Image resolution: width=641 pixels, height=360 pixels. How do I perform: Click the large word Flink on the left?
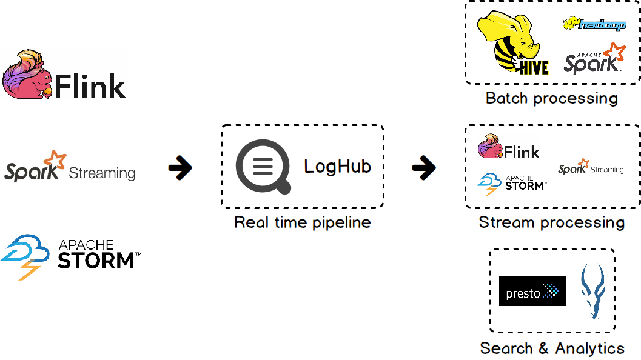pyautogui.click(x=90, y=87)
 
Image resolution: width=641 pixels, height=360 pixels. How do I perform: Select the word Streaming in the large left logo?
pyautogui.click(x=102, y=173)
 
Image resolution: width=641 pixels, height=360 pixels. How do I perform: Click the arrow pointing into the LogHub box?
pyautogui.click(x=180, y=168)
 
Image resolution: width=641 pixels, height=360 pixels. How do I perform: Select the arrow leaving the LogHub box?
pyautogui.click(x=424, y=168)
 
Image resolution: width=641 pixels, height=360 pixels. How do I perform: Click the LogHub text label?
pyautogui.click(x=337, y=166)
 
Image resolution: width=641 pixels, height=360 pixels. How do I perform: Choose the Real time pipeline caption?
pyautogui.click(x=302, y=222)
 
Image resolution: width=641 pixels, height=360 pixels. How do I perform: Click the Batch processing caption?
pyautogui.click(x=551, y=98)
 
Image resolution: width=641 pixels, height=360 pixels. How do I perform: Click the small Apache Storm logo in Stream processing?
pyautogui.click(x=511, y=182)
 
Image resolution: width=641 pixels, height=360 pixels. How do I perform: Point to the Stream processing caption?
pyautogui.click(x=551, y=222)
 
